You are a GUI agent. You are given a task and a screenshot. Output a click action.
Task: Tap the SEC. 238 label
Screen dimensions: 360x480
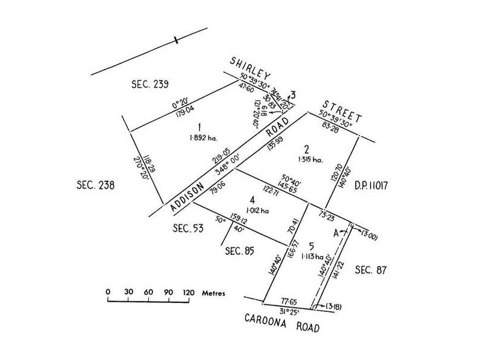click(96, 184)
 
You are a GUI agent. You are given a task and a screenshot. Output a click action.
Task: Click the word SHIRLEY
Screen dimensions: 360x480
click(251, 67)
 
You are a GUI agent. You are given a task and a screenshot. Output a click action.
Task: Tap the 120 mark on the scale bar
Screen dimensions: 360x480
click(188, 293)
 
